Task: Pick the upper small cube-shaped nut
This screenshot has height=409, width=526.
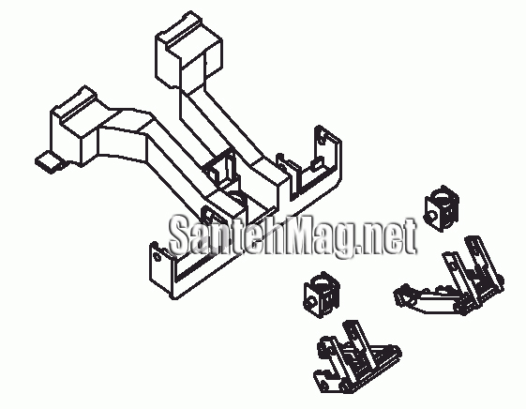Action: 441,208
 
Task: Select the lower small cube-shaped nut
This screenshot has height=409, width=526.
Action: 321,295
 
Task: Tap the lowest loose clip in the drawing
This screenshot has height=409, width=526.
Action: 357,357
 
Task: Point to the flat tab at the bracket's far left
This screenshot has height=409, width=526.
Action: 50,162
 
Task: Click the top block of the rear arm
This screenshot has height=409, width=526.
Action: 188,51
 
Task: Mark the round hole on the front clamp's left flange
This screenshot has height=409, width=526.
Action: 156,257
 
